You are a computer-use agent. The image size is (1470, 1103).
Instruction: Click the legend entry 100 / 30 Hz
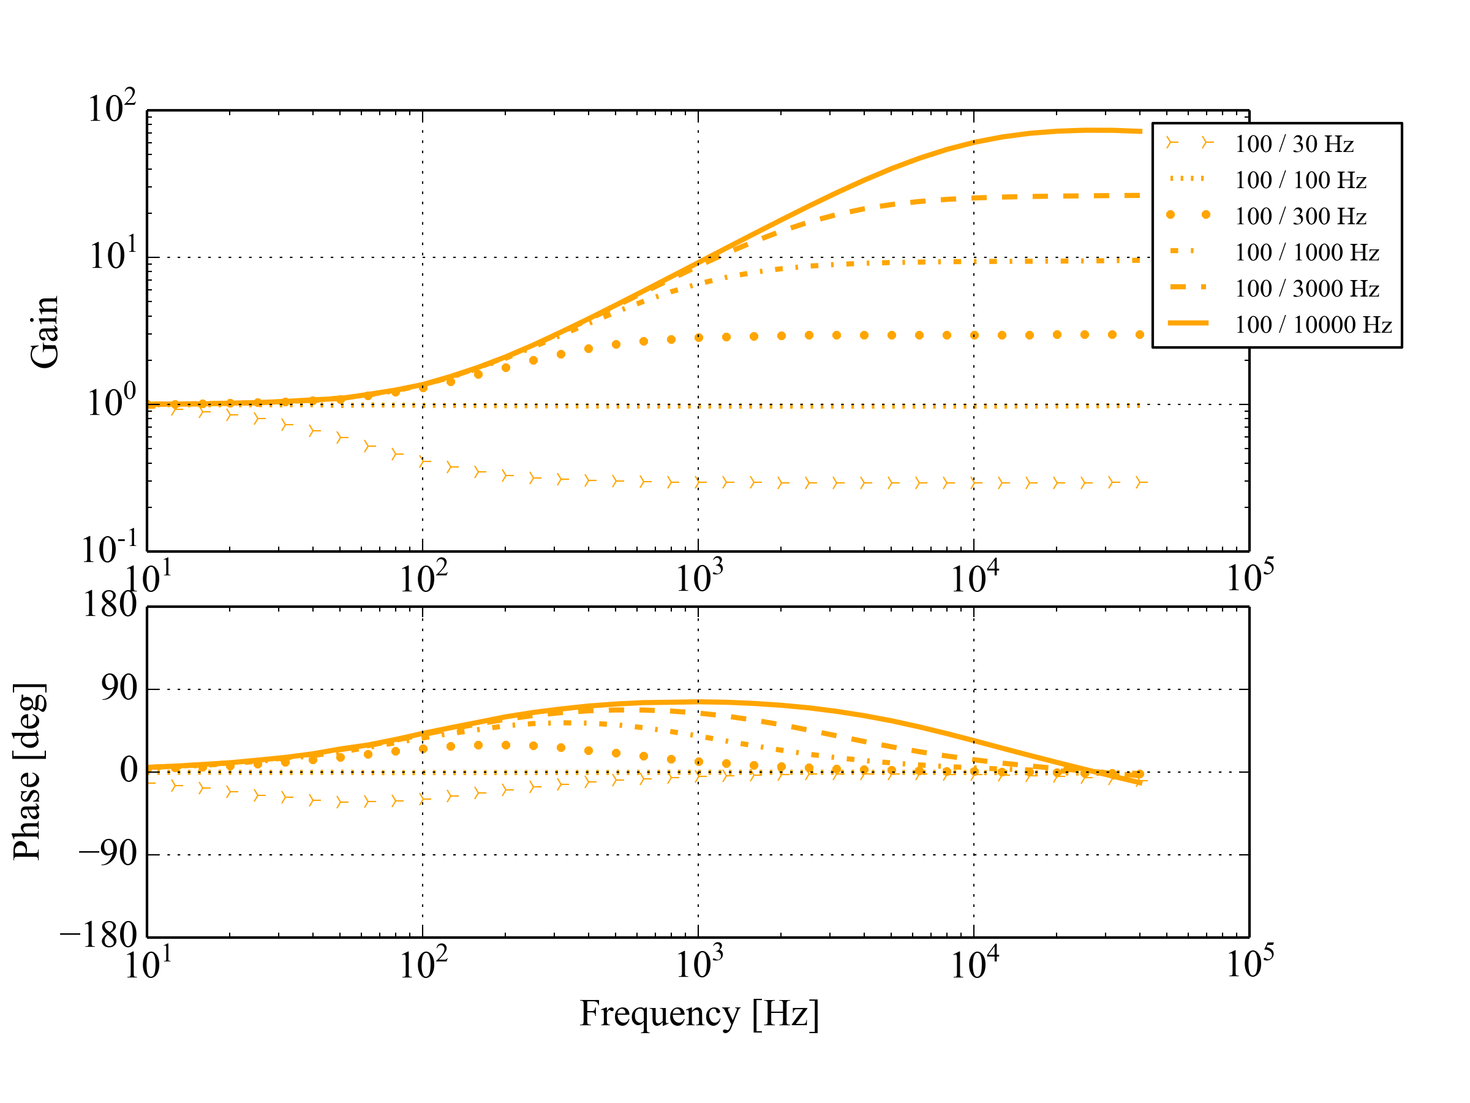1293,144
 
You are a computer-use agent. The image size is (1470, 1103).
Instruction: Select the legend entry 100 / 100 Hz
1300,180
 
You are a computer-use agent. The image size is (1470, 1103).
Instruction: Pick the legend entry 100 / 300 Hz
1300,216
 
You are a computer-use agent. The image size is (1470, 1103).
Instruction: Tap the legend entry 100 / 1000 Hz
1306,252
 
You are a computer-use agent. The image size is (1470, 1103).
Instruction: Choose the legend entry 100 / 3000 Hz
1306,289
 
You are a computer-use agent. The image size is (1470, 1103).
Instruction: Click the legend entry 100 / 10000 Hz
1313,324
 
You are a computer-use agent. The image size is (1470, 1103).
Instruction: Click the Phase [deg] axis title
29,771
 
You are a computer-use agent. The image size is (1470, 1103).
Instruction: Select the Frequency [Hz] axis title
698,1014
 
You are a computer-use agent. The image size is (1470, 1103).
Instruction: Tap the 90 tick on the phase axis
119,689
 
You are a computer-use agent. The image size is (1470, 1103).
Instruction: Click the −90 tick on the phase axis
108,854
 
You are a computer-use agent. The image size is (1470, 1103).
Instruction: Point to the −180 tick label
99,936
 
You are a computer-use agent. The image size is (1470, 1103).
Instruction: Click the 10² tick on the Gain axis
111,108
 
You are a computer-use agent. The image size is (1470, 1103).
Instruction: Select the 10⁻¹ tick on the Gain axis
109,549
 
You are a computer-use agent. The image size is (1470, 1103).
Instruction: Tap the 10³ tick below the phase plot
698,965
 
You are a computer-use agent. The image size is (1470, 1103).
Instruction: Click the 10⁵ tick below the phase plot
1249,963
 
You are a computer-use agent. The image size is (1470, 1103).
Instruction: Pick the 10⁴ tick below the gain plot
974,578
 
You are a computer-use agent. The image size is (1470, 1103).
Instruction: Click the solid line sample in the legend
1188,324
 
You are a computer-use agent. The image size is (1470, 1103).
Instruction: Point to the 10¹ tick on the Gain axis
112,256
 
